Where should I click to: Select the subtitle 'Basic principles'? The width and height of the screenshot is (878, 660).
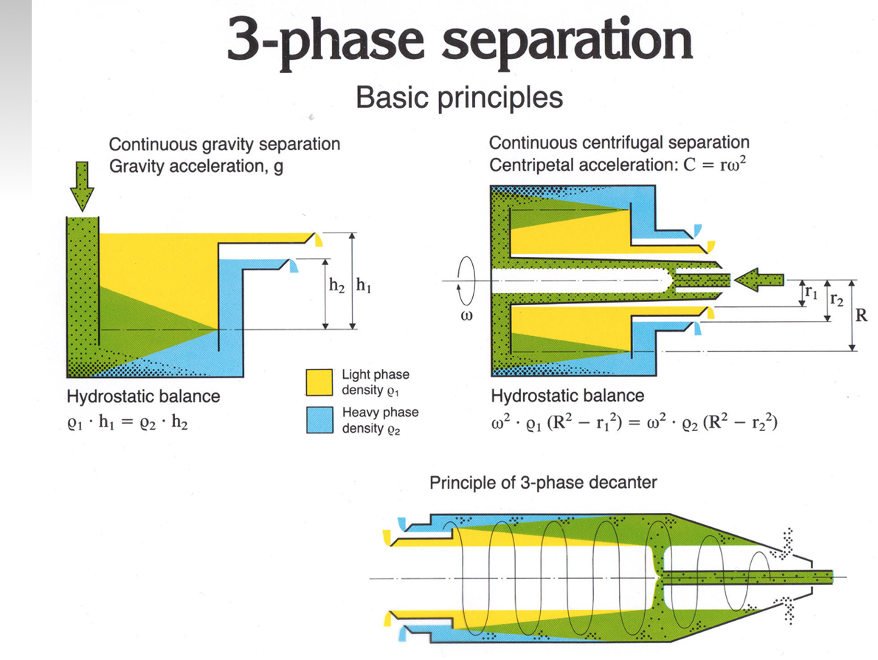[x=459, y=97]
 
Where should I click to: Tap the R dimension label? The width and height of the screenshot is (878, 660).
[x=860, y=317]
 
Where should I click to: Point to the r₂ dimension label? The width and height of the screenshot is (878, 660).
[x=836, y=299]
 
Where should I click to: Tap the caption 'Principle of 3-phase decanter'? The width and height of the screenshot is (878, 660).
[x=542, y=483]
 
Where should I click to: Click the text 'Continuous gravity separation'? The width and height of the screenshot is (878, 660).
[x=224, y=144]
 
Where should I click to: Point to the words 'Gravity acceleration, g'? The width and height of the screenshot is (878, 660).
[x=196, y=165]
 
